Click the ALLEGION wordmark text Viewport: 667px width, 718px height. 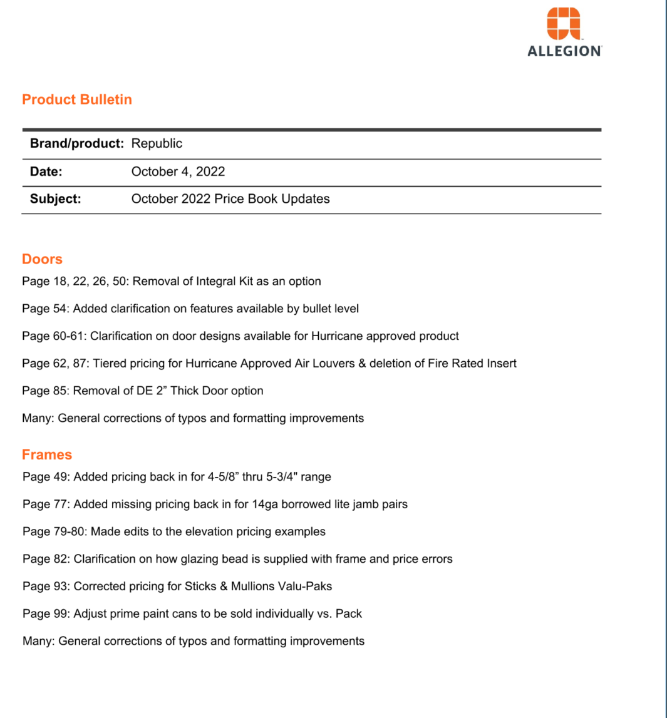[564, 52]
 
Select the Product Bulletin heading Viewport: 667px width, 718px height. [77, 100]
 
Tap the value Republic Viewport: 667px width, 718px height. [157, 143]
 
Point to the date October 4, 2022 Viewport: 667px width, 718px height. [178, 172]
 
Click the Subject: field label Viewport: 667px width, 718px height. [56, 199]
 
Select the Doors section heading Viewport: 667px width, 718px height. [42, 259]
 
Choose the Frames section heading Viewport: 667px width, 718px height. [47, 454]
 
